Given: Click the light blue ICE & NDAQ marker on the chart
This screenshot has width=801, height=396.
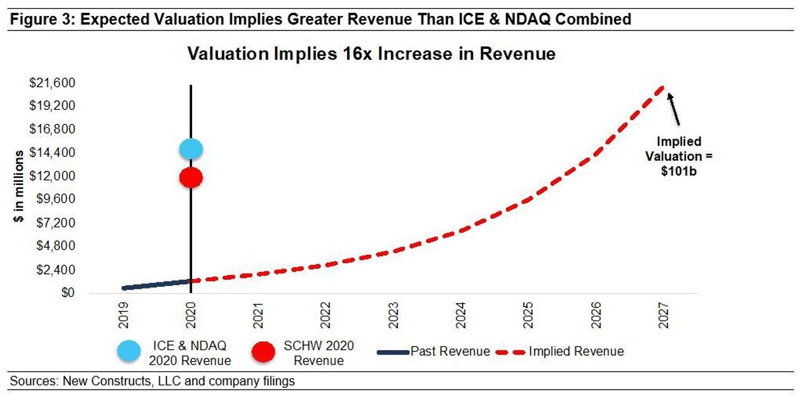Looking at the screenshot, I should click(x=191, y=149).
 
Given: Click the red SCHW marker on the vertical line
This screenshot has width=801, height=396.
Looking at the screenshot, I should click(x=191, y=177).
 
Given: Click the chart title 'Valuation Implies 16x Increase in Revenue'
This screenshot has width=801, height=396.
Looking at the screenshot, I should click(x=371, y=54).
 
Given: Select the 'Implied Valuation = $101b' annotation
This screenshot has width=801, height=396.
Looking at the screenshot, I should click(x=679, y=156).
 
